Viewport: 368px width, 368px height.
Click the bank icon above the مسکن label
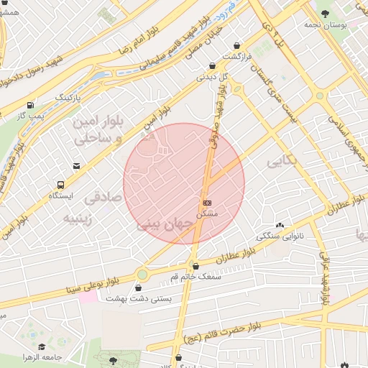[x=208, y=203]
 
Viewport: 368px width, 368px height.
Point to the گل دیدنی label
[x=217, y=75]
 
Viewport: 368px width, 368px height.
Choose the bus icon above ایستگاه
[x=60, y=185]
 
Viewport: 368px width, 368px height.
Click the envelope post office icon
[x=77, y=167]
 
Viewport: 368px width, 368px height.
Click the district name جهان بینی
[x=166, y=225]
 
